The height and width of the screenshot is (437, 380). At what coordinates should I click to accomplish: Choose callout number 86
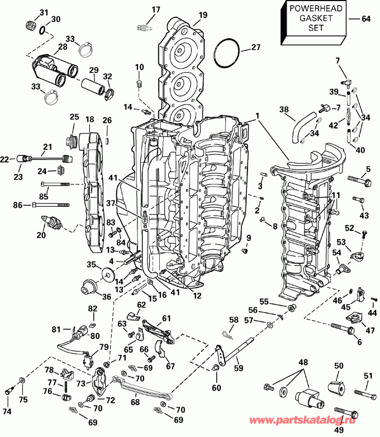pyautogui.click(x=17, y=206)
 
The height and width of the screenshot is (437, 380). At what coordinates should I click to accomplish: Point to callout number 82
pyautogui.click(x=92, y=308)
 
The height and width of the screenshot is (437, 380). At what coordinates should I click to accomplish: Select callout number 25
pyautogui.click(x=74, y=117)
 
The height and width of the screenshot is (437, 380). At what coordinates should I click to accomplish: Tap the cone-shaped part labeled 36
pyautogui.click(x=87, y=285)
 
